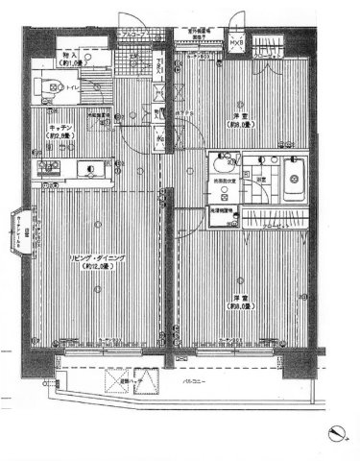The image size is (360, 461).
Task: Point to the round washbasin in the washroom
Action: [220, 162]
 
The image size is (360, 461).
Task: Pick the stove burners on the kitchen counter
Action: [45, 171]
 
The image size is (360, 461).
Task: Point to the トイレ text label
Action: [72, 86]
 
